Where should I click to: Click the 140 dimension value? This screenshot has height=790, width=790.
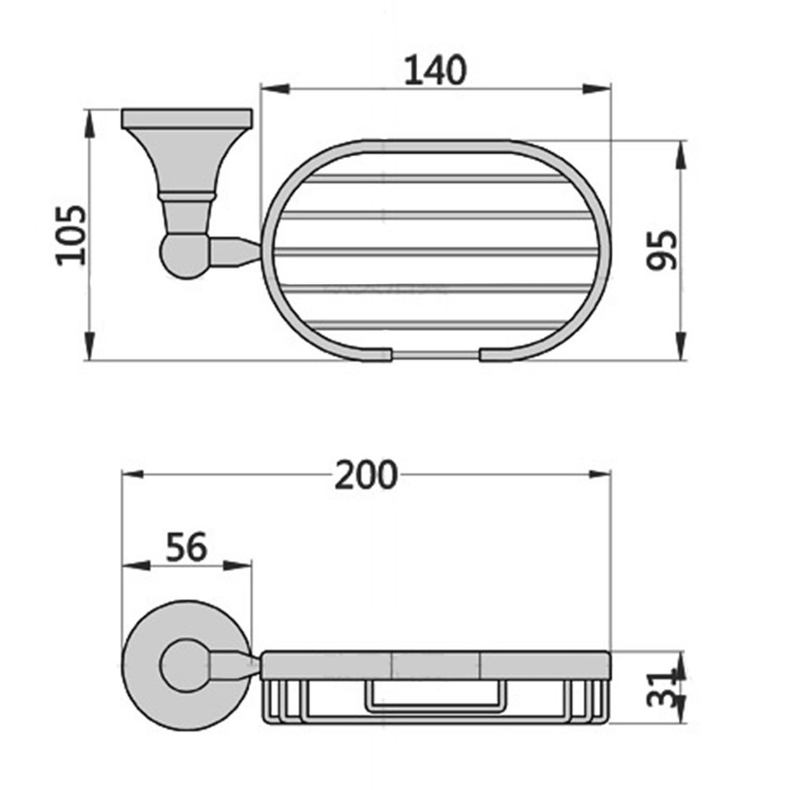(x=434, y=71)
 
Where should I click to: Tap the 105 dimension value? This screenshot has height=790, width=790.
(x=72, y=235)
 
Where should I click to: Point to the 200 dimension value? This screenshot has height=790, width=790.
(x=366, y=475)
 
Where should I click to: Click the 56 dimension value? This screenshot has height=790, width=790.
(x=186, y=547)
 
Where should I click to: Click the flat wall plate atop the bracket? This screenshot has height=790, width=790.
(x=186, y=118)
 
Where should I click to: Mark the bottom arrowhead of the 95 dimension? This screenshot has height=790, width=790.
(x=681, y=346)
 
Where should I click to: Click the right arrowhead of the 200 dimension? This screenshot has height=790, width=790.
(x=598, y=475)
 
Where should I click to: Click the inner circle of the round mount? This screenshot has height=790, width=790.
(x=185, y=666)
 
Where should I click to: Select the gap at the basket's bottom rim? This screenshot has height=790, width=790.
(x=435, y=355)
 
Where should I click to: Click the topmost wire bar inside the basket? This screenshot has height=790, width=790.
(x=435, y=177)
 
